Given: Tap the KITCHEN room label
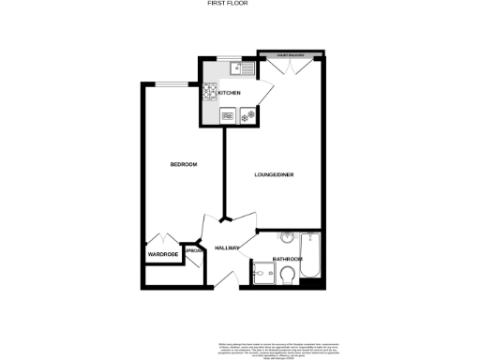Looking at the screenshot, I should point(231,94).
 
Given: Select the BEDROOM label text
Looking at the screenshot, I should point(184,165).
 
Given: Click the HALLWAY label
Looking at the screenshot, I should point(227,248).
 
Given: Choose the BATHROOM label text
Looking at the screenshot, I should point(287,259).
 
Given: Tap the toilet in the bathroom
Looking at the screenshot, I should point(289,273).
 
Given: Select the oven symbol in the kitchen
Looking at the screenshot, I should point(228,116).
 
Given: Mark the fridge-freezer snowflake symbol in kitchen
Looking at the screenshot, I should point(247,116).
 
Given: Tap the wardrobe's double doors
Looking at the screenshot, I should point(164,238).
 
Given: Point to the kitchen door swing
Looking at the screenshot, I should point(265,89).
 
